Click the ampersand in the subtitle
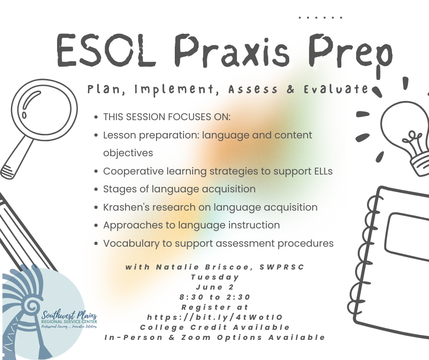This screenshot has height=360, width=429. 291,89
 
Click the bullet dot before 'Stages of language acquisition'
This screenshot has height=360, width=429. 95,189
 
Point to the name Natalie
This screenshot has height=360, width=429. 175,267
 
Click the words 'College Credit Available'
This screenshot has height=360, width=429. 214,327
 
